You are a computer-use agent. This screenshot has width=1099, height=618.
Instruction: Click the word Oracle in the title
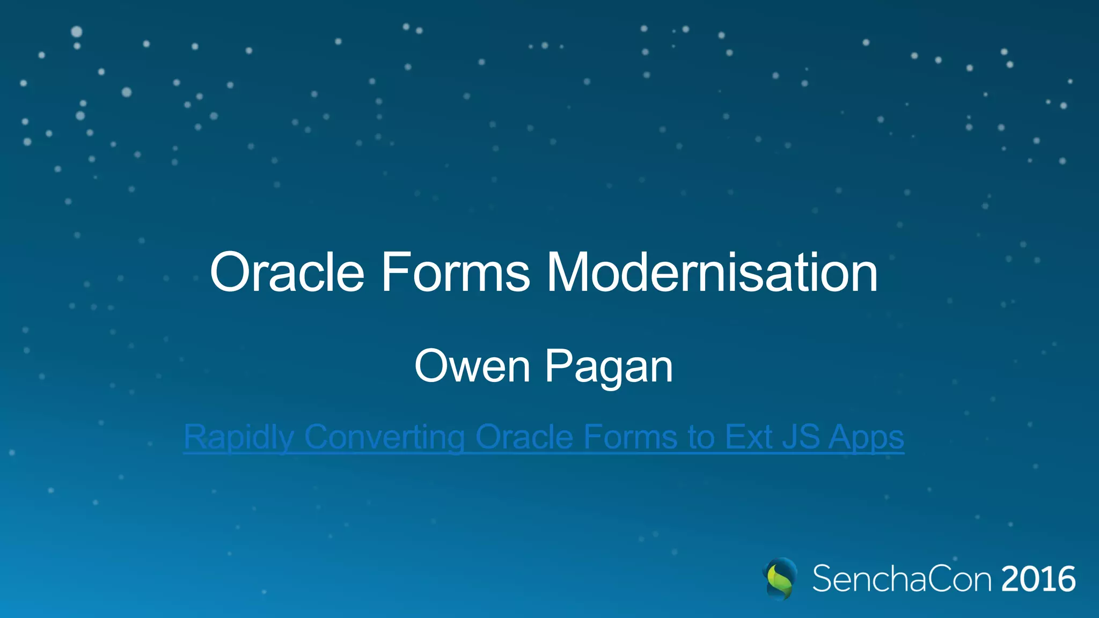pyautogui.click(x=287, y=273)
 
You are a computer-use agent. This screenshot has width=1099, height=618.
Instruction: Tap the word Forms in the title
pyautogui.click(x=456, y=273)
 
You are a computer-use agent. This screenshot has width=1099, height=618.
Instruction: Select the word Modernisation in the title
pyautogui.click(x=712, y=273)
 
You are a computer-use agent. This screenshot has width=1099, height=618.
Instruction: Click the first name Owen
pyautogui.click(x=472, y=366)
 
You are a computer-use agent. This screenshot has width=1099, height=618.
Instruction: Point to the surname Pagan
pyautogui.click(x=609, y=367)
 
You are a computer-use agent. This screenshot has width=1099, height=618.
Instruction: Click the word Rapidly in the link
pyautogui.click(x=239, y=437)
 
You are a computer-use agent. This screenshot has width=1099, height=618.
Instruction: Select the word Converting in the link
pyautogui.click(x=384, y=437)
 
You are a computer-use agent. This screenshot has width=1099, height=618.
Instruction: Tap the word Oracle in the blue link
pyautogui.click(x=524, y=437)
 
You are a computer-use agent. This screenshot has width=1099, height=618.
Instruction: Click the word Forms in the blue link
pyautogui.click(x=631, y=437)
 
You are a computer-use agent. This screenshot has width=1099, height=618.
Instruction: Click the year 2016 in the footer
pyautogui.click(x=1038, y=579)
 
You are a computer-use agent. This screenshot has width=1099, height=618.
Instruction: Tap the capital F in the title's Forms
pyautogui.click(x=392, y=273)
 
